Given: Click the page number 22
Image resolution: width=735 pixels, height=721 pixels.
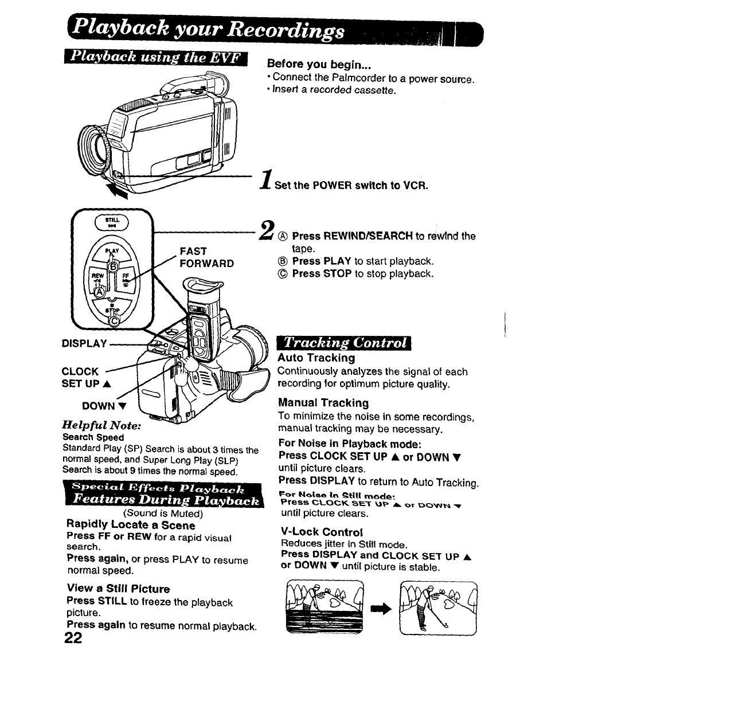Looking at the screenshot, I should pyautogui.click(x=74, y=638).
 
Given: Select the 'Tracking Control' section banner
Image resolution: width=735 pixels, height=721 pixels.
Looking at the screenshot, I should pyautogui.click(x=344, y=343).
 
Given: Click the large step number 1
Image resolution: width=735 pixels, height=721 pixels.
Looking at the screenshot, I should pyautogui.click(x=265, y=179).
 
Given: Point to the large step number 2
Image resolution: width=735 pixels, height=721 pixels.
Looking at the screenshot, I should pyautogui.click(x=265, y=230).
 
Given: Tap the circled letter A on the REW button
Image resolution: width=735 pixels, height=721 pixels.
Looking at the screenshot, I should pyautogui.click(x=100, y=292).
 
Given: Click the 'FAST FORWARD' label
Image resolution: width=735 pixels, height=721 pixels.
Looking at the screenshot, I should pyautogui.click(x=206, y=257).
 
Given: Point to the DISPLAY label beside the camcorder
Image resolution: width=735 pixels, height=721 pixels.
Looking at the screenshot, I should pyautogui.click(x=84, y=344).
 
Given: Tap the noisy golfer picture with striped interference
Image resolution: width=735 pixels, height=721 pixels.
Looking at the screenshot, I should pyautogui.click(x=324, y=608).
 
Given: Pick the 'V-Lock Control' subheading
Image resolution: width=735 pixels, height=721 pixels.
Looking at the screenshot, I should pyautogui.click(x=322, y=531).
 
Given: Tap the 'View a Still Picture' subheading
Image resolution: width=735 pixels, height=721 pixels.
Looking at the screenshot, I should pyautogui.click(x=118, y=589).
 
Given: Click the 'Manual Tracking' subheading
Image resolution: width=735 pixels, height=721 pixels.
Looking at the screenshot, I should pyautogui.click(x=323, y=403).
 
